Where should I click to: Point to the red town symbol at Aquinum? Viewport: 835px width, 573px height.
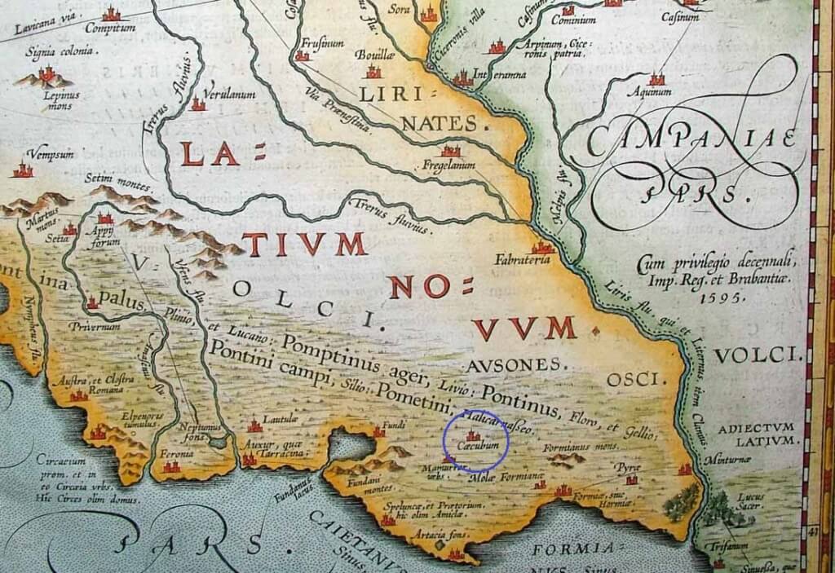656,79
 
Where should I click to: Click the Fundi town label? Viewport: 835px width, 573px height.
395,423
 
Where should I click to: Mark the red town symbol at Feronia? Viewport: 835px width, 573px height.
170,466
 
